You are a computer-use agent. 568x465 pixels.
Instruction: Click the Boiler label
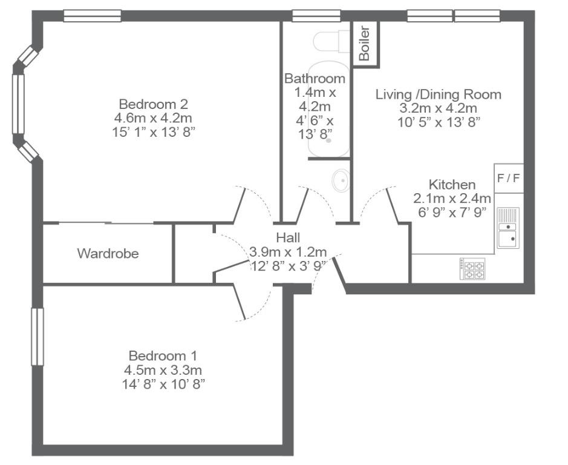(x=364, y=43)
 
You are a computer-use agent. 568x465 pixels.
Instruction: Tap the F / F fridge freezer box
(x=509, y=179)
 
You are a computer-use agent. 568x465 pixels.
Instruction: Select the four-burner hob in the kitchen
(x=473, y=269)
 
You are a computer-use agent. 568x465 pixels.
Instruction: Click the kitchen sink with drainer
(x=508, y=228)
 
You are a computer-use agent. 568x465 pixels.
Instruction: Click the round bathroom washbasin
(x=341, y=180)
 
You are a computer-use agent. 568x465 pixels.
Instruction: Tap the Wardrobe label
(x=108, y=253)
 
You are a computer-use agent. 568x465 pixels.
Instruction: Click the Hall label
(x=288, y=237)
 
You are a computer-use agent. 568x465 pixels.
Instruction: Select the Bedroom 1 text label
(x=163, y=355)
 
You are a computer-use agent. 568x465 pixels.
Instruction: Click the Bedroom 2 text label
(x=154, y=104)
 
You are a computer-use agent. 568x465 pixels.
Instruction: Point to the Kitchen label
(x=452, y=185)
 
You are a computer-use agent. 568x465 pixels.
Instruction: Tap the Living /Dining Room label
(x=439, y=94)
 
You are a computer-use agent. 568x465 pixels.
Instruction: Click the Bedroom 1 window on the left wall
(x=38, y=337)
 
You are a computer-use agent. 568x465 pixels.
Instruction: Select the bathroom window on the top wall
(x=316, y=16)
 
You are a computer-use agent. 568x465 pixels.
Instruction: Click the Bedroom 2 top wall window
(x=93, y=16)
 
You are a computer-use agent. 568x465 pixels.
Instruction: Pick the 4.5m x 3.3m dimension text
(x=163, y=371)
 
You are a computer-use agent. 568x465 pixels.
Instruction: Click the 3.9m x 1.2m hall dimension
(x=288, y=252)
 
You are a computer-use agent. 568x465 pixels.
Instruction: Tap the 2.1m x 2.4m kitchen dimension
(x=452, y=199)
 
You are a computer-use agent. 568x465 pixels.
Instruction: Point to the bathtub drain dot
(x=328, y=140)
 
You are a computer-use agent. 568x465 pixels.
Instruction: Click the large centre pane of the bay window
(x=18, y=104)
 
